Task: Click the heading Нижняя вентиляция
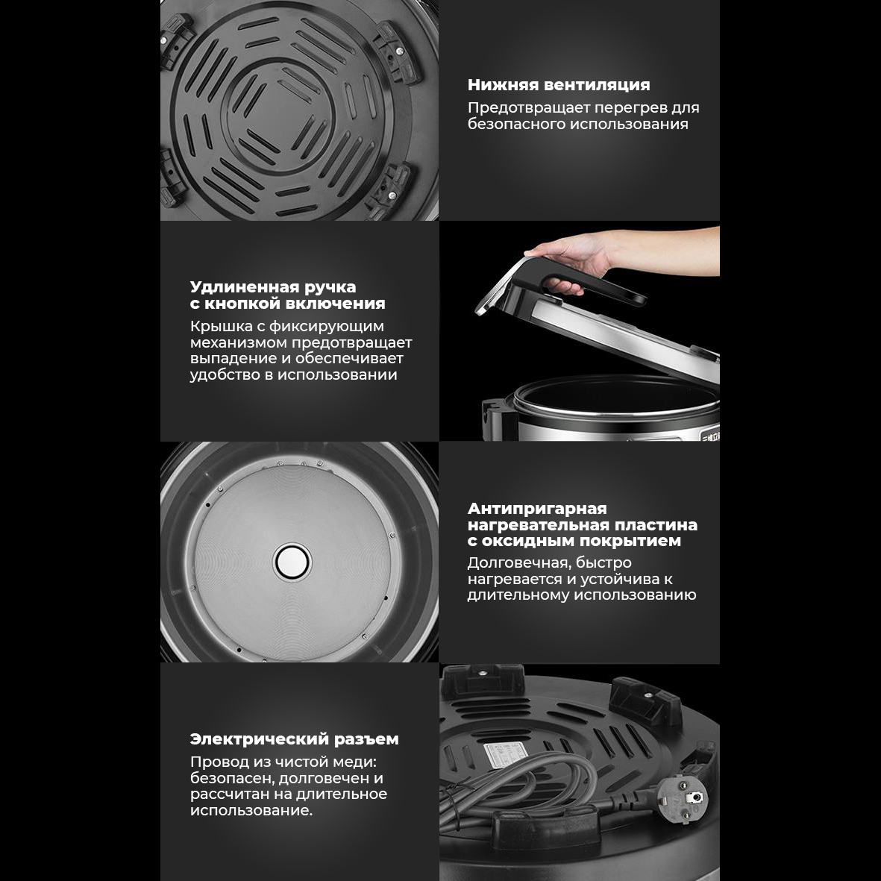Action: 559,85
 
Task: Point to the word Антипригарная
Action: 537,509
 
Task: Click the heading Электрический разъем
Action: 295,739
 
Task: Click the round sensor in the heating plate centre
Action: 292,562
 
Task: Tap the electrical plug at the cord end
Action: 682,798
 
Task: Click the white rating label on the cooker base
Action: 507,753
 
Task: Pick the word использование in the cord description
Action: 251,811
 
